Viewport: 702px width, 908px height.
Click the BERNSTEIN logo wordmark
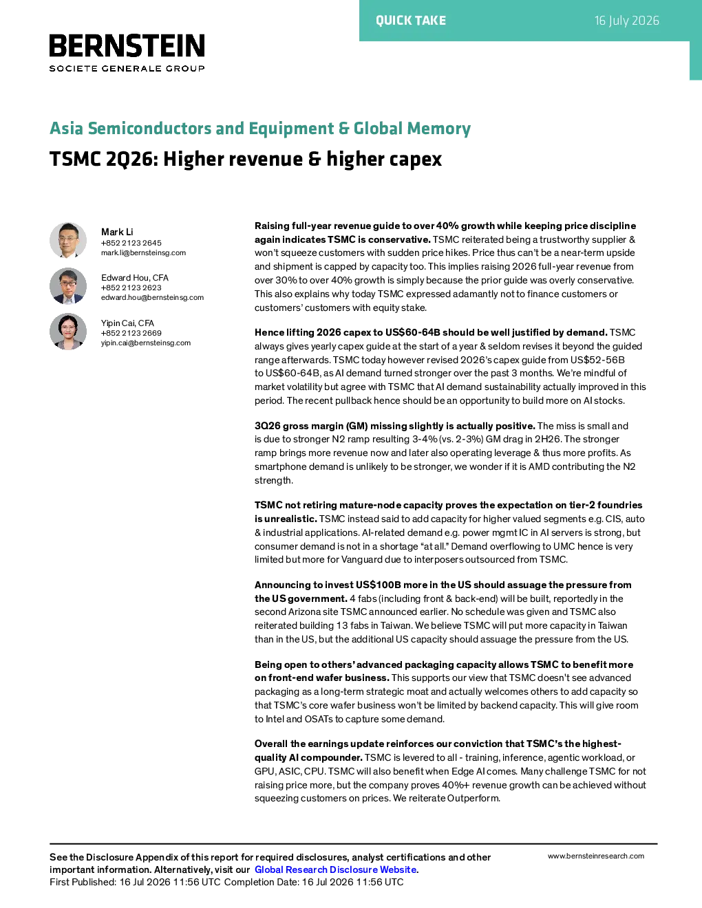[x=127, y=45]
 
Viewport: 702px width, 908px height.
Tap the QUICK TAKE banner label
[x=411, y=21]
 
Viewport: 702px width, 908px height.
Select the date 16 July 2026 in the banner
[x=627, y=21]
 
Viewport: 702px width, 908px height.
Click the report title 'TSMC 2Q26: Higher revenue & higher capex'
[x=246, y=159]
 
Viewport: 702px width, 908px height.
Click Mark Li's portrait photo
[x=68, y=240]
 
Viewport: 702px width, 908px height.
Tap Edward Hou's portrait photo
[x=68, y=285]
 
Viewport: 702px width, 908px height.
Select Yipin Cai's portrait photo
[x=68, y=332]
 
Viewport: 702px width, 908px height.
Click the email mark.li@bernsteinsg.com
[x=143, y=253]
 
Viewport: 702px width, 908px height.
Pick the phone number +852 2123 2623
[x=131, y=288]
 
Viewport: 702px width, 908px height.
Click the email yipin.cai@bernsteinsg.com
[x=145, y=343]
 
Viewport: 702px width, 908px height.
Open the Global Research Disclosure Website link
[x=336, y=869]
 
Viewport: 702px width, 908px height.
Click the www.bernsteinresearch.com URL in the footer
[x=596, y=856]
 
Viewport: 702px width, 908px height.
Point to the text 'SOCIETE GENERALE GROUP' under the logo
[x=127, y=68]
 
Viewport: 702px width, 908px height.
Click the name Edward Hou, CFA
[x=135, y=278]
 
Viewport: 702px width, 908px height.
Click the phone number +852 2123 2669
[x=131, y=333]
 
